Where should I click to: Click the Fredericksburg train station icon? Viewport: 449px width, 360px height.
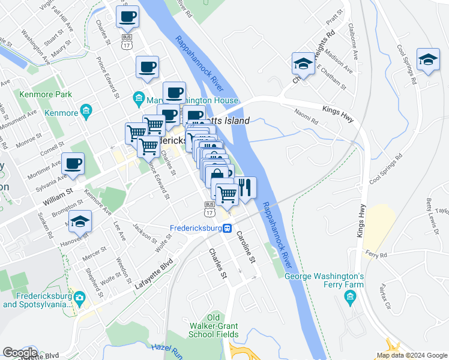[x=228, y=228]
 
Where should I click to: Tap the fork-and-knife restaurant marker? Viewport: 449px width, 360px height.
[x=244, y=187]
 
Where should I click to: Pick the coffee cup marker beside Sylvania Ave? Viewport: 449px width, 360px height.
[x=73, y=164]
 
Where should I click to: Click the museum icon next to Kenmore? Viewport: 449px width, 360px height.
[x=85, y=110]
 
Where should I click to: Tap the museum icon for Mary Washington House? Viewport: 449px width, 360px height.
[x=139, y=97]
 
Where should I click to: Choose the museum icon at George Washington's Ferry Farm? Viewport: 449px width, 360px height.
[x=351, y=296]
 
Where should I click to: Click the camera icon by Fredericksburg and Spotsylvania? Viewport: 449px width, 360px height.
[x=79, y=296]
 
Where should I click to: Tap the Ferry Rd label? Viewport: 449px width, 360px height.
[x=376, y=254]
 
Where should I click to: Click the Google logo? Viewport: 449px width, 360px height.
[x=20, y=353]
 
